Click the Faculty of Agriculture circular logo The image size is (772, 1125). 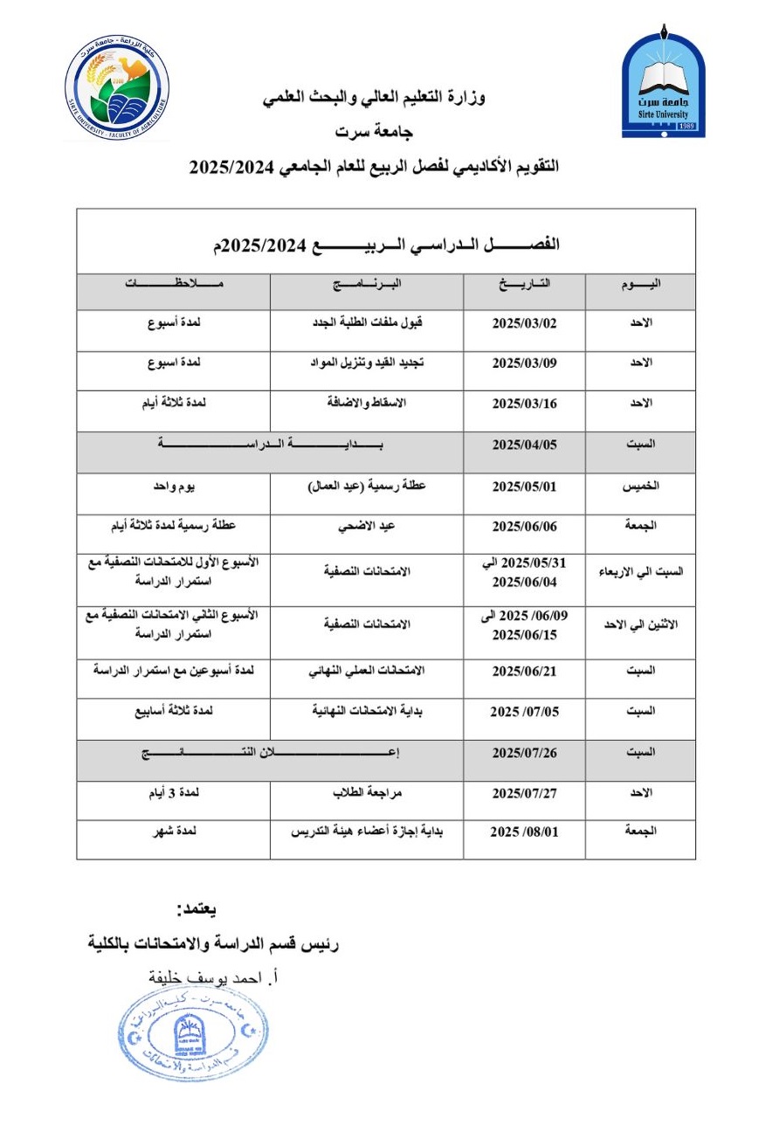(117, 91)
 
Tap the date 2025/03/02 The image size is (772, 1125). (536, 322)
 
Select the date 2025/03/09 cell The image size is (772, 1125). (536, 362)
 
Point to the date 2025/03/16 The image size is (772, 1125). (536, 404)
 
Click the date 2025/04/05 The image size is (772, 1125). (536, 445)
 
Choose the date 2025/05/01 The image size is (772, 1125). (536, 486)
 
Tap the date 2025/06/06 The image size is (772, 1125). (536, 527)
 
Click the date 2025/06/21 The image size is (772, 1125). (536, 671)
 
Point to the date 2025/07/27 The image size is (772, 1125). (536, 794)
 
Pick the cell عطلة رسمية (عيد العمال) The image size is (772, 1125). (380, 487)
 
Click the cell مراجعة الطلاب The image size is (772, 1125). (380, 794)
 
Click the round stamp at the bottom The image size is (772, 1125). (192, 1042)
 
